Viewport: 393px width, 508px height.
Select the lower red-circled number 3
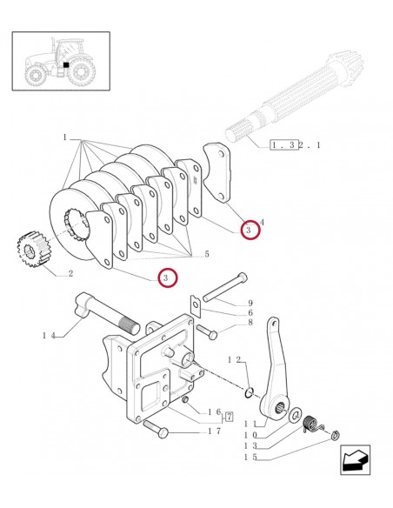tap(164, 277)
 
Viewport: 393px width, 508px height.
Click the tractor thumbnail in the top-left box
tap(60, 61)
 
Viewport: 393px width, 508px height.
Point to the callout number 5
tap(206, 254)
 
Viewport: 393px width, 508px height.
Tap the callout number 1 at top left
tap(64, 137)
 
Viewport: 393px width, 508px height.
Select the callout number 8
tap(250, 322)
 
